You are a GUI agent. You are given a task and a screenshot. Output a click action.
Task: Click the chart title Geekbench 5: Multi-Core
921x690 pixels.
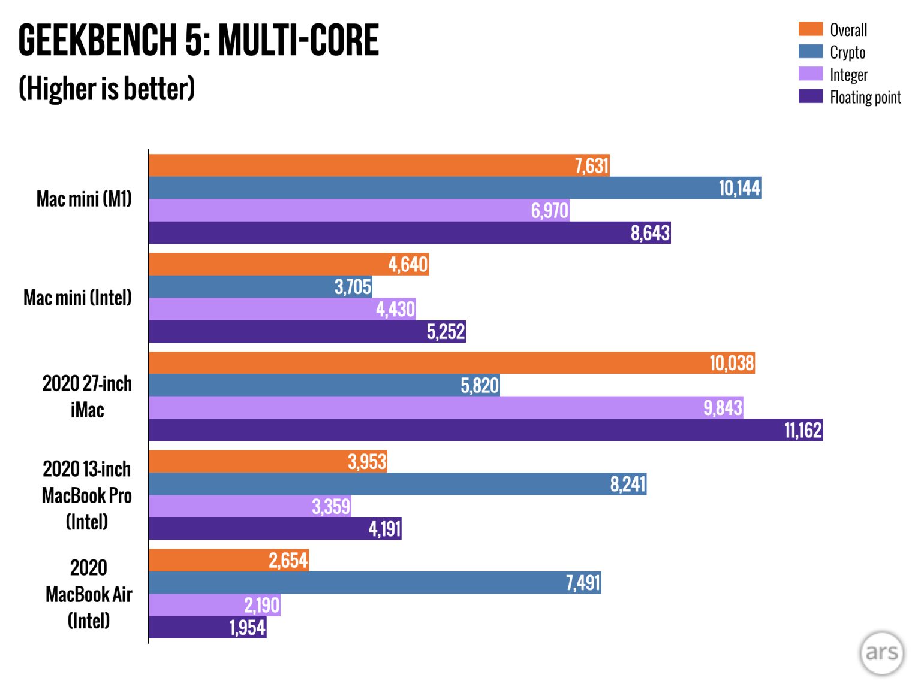(198, 40)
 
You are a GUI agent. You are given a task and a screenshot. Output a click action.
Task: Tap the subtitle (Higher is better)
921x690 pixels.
(107, 89)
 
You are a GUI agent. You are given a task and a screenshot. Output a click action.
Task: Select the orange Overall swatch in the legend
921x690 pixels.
(810, 29)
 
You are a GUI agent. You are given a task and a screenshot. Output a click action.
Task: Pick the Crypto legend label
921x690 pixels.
(847, 52)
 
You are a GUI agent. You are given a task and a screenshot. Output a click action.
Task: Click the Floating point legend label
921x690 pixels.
(865, 97)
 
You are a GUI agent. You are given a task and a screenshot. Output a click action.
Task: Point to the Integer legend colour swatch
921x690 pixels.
(810, 74)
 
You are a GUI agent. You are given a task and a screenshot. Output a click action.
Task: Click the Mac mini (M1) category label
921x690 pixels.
(84, 198)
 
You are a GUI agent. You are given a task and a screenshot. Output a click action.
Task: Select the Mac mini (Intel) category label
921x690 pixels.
(77, 297)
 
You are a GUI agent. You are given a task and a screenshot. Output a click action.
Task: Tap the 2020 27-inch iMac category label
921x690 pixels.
(87, 397)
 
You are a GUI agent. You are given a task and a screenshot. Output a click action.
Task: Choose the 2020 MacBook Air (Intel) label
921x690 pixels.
(89, 594)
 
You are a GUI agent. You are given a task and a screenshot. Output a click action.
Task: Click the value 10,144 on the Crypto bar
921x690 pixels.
(739, 188)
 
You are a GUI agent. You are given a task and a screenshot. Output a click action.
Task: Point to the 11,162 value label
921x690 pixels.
(803, 430)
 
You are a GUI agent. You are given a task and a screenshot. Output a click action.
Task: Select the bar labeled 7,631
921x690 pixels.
(360, 165)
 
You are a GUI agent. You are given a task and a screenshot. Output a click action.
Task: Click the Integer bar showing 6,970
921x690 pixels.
(336, 210)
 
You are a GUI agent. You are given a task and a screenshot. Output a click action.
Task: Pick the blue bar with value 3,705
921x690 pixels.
(240, 287)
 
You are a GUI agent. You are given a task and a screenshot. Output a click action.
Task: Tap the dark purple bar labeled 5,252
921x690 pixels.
(288, 331)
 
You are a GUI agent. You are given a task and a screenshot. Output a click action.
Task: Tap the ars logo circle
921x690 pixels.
(881, 653)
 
